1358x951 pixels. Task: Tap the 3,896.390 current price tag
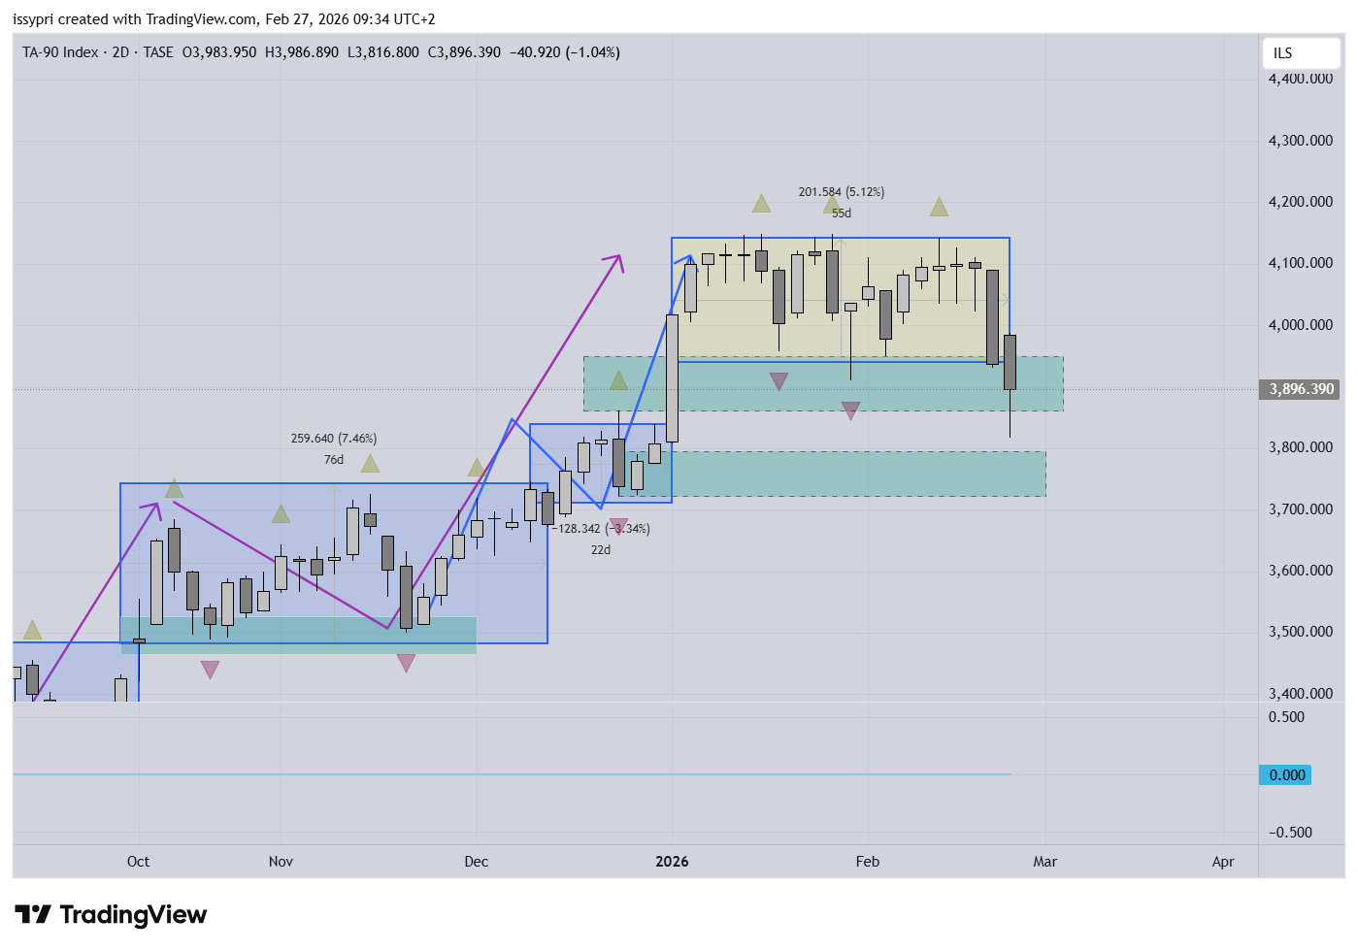coord(1301,389)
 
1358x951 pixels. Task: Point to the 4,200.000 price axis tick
coord(1300,202)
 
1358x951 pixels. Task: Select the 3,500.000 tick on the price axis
coord(1300,632)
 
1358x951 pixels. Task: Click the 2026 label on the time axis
coord(672,862)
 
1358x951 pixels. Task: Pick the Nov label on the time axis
coord(281,862)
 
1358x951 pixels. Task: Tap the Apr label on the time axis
coord(1223,862)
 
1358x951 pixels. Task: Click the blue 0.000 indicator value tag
coord(1286,774)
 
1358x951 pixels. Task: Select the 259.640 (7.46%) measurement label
coord(334,439)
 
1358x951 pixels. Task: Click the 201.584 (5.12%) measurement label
coord(842,192)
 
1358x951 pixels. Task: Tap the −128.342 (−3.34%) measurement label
coord(602,529)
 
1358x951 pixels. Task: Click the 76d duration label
coord(334,460)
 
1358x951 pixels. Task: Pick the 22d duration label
coord(601,550)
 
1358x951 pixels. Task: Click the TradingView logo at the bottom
coord(111,915)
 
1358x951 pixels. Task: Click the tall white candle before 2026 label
coord(672,377)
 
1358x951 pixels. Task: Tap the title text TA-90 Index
coord(60,52)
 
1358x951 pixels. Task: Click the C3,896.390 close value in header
coord(464,52)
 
